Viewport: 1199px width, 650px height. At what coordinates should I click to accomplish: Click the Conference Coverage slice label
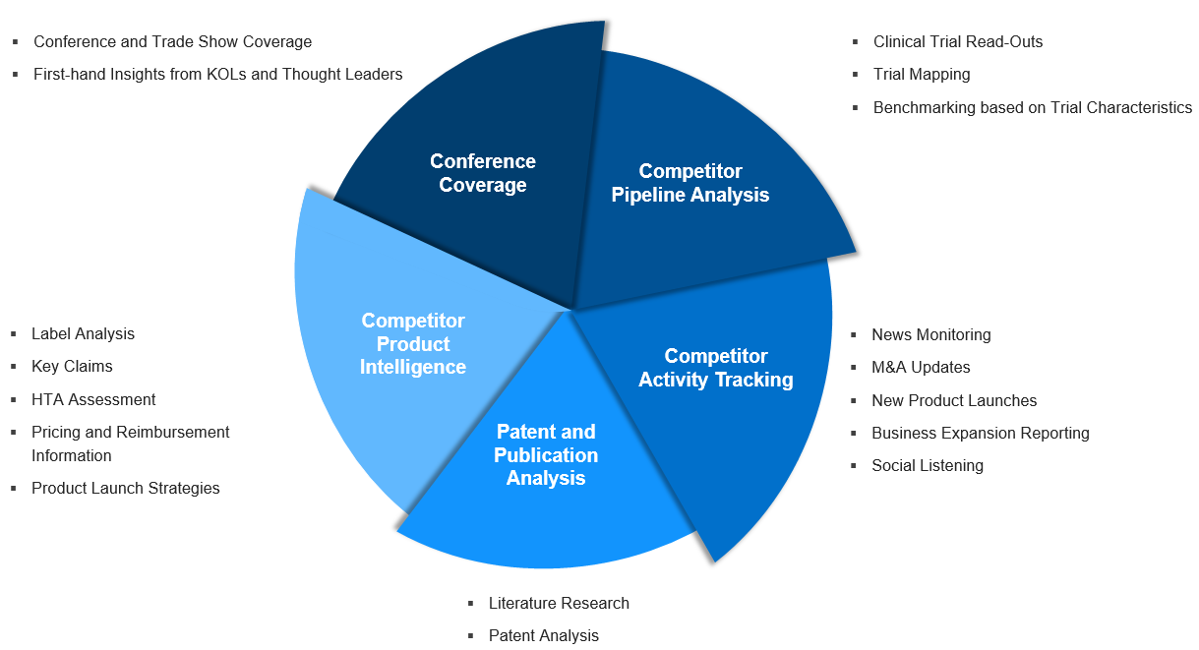483,173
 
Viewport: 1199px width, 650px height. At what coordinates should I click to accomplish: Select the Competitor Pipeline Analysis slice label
689,184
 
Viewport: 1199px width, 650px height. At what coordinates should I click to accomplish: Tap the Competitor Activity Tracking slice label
715,368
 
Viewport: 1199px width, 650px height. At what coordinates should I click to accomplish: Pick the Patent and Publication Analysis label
546,455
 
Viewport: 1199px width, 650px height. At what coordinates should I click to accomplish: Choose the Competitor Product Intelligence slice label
412,344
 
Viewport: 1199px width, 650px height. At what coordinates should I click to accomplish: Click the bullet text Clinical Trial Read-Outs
957,42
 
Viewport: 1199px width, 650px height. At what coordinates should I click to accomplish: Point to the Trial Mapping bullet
921,75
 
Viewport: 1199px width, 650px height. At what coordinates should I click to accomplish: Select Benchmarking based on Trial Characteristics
1032,108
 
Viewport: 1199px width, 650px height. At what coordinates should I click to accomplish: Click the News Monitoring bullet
930,335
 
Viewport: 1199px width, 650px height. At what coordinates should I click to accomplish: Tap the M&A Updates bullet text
921,368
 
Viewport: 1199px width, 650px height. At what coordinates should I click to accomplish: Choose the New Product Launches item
953,401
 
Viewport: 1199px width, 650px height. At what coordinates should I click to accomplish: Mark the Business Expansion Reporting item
980,434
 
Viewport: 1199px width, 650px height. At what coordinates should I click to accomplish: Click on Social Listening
927,466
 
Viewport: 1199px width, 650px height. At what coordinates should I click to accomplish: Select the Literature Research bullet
558,604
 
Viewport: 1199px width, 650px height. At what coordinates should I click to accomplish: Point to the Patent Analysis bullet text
543,636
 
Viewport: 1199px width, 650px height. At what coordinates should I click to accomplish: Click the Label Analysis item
83,334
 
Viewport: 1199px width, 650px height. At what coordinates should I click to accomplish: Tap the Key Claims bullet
72,367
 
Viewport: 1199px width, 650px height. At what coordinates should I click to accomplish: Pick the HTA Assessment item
93,400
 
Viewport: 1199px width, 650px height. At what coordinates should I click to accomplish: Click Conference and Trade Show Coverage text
172,42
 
